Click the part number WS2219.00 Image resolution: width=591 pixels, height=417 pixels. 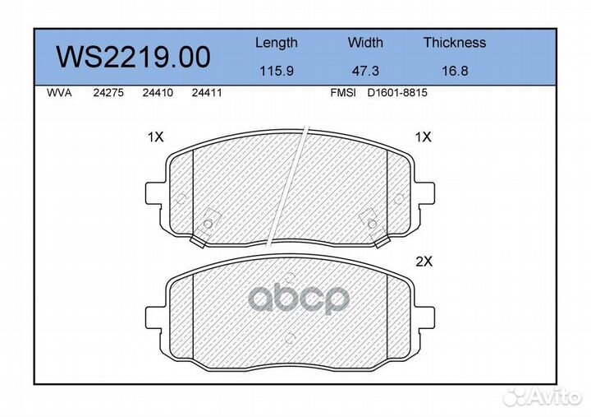coord(133,57)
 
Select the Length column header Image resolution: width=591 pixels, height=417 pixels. coord(277,43)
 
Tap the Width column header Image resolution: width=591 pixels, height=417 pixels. coord(365,42)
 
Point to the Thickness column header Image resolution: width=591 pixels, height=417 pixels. coord(455,42)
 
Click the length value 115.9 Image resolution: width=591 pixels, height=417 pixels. coord(277,71)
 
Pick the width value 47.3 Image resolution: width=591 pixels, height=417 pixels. coord(365,71)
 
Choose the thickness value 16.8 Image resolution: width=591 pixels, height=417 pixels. coord(455,71)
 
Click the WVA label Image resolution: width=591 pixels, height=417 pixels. coord(59,93)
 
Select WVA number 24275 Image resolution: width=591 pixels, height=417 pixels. coord(108,93)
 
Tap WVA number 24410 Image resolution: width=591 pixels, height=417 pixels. coord(158,93)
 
